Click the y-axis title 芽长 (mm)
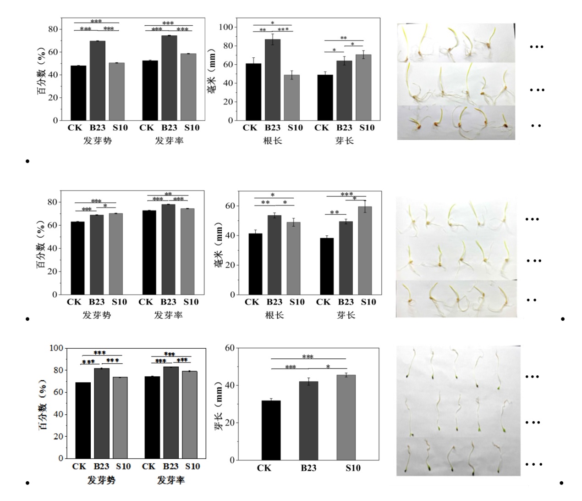[219, 404]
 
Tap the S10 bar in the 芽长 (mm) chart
[346, 417]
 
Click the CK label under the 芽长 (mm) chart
[264, 468]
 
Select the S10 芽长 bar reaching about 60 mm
[365, 250]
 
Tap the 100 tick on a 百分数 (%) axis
[56, 348]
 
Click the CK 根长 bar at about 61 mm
[253, 92]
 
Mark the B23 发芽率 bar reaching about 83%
[170, 412]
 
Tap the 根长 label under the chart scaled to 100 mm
[272, 141]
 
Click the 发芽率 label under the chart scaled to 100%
[170, 480]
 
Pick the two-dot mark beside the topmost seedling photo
[536, 126]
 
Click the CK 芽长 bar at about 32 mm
[271, 430]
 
